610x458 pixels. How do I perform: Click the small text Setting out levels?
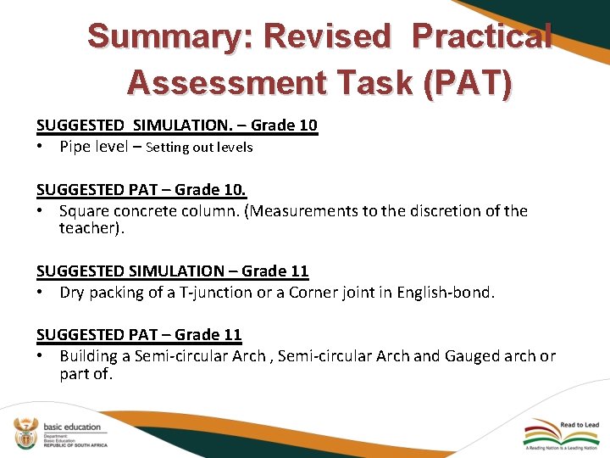click(199, 147)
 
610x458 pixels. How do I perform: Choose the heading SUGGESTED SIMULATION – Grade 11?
click(172, 271)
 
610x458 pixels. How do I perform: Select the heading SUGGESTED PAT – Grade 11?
click(139, 335)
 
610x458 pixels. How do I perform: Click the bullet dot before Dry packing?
click(41, 293)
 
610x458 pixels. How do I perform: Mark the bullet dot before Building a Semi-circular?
click(41, 356)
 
